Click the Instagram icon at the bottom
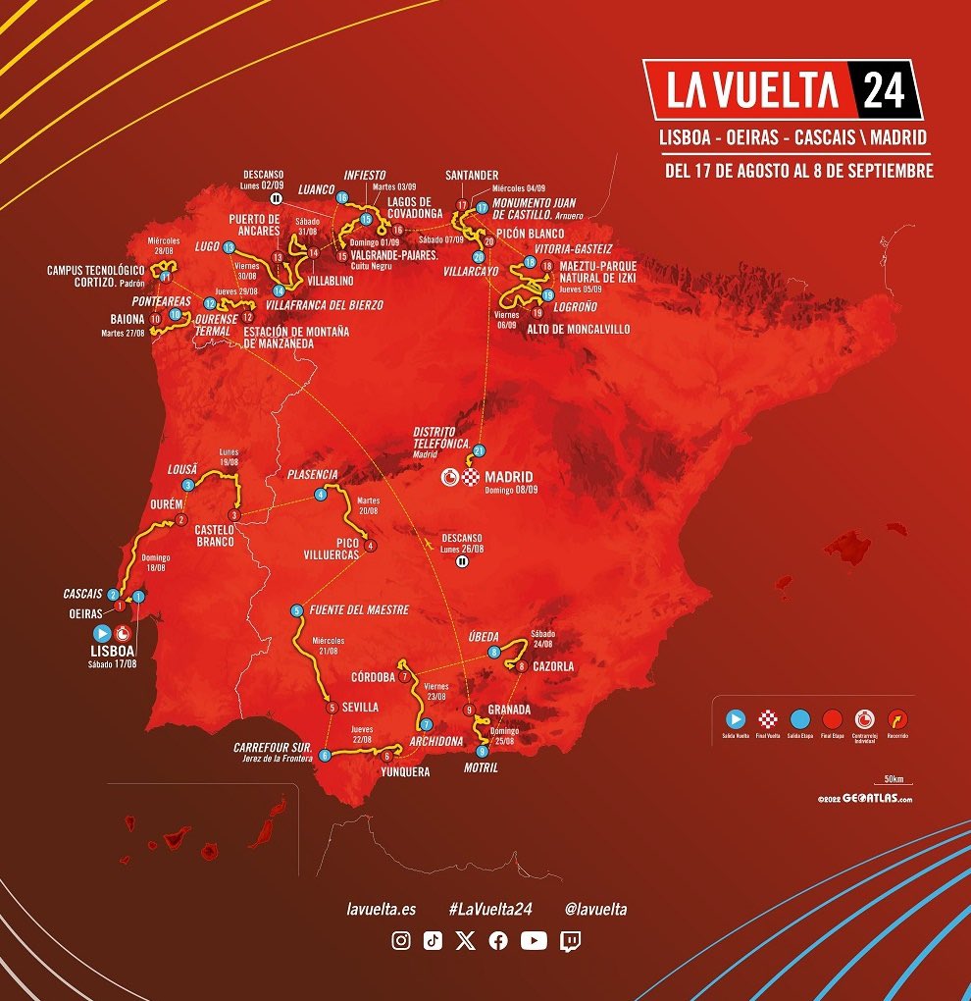401,941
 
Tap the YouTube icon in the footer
534,941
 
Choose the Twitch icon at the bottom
570,941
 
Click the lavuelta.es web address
382,910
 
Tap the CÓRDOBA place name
372,677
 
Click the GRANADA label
509,710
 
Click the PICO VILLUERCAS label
330,549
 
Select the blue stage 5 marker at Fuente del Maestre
297,610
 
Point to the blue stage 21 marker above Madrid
479,450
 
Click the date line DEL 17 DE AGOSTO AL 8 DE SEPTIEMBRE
799,171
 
